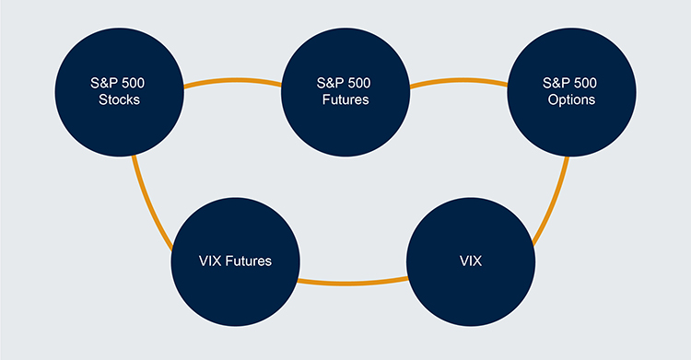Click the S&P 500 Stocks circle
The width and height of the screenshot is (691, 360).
[x=119, y=90]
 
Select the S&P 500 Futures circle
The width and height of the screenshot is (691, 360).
[x=345, y=90]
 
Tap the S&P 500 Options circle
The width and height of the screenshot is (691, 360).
[x=570, y=90]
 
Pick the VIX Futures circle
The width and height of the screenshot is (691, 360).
[x=236, y=261]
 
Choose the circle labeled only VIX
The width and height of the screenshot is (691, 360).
[x=472, y=261]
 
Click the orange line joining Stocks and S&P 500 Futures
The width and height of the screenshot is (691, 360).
[x=231, y=84]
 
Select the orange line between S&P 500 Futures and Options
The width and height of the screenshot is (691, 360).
[x=457, y=84]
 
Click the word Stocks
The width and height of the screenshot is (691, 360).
[x=119, y=99]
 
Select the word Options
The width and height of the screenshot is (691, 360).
[x=569, y=99]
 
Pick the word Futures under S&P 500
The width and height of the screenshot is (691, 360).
[x=345, y=99]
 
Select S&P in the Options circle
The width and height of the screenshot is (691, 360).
[x=556, y=83]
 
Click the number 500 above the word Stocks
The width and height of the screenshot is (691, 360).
[x=135, y=83]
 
